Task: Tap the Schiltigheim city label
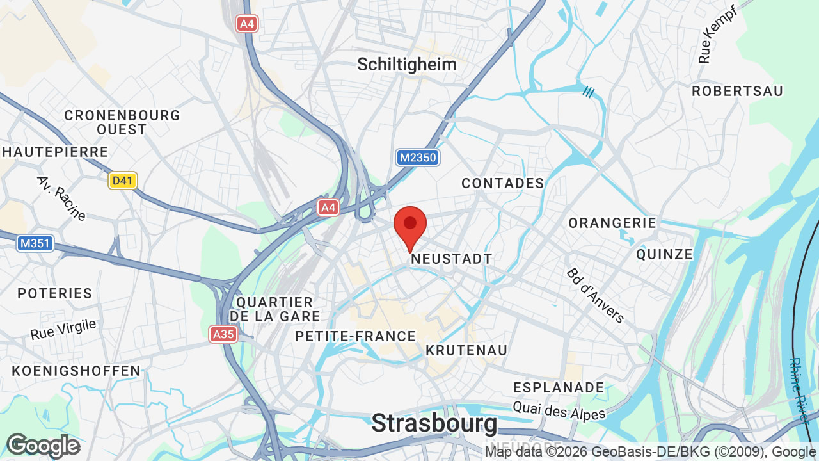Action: (407, 64)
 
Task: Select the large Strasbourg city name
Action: (434, 423)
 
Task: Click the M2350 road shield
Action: (418, 158)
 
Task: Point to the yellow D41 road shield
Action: (122, 181)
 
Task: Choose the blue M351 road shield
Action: (35, 243)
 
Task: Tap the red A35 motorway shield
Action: (223, 334)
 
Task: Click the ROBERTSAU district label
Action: (737, 91)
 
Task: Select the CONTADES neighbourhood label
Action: (503, 184)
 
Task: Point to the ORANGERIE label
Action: (612, 223)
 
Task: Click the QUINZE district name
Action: (665, 254)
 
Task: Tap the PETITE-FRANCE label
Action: (356, 336)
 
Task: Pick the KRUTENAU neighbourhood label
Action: (466, 350)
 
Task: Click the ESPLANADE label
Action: (559, 387)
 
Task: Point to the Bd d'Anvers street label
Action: (595, 295)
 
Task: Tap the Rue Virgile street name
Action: (63, 329)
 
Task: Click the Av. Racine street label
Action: (61, 198)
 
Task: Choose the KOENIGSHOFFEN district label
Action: (76, 371)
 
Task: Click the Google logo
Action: (43, 446)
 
